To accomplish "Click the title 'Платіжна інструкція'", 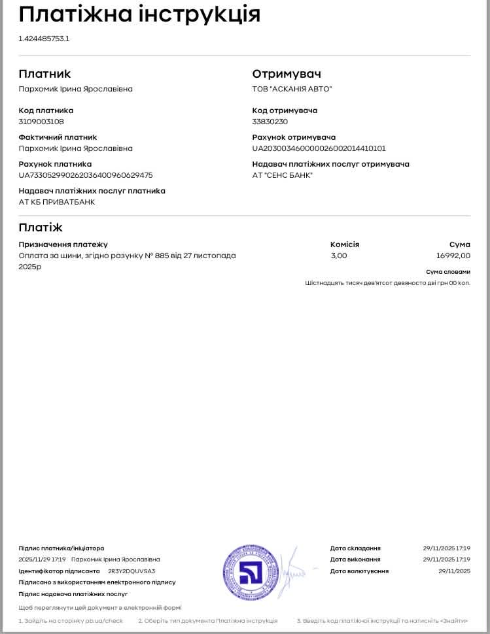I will pyautogui.click(x=139, y=14).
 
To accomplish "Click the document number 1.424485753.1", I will pyautogui.click(x=44, y=39).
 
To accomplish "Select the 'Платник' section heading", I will pyautogui.click(x=44, y=74).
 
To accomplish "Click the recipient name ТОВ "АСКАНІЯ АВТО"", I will pyautogui.click(x=292, y=89).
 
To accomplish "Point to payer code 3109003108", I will pyautogui.click(x=41, y=122).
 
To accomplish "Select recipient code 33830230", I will pyautogui.click(x=270, y=122).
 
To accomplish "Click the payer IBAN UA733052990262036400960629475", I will pyautogui.click(x=86, y=175).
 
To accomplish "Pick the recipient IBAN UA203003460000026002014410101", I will pyautogui.click(x=319, y=148).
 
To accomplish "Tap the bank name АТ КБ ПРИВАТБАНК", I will pyautogui.click(x=57, y=202).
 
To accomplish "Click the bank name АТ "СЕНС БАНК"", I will pyautogui.click(x=283, y=175).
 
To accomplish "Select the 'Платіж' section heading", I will pyautogui.click(x=41, y=227).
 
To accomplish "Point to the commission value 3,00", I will pyautogui.click(x=339, y=256).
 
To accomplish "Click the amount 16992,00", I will pyautogui.click(x=453, y=256).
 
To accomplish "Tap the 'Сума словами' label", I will pyautogui.click(x=447, y=271).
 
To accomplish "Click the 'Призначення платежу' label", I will pyautogui.click(x=63, y=244).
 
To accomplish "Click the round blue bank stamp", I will pyautogui.click(x=251, y=573).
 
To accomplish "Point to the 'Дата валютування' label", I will pyautogui.click(x=359, y=571).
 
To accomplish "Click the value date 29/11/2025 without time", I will pyautogui.click(x=454, y=571).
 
